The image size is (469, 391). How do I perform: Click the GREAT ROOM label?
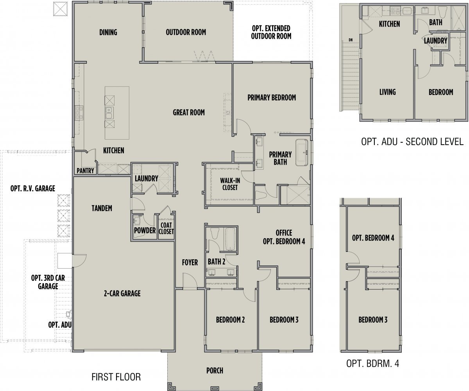click(189, 112)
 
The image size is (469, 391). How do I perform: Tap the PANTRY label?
click(85, 171)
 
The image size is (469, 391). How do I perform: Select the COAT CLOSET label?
click(166, 228)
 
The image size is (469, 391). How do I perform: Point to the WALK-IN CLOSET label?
click(230, 184)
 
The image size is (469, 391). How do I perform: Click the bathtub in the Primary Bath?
click(301, 152)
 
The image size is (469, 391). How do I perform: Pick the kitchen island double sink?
click(109, 113)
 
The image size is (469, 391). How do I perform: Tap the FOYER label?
click(190, 262)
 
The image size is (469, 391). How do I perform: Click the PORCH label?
click(215, 371)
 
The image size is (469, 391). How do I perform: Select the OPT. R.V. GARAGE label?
click(33, 188)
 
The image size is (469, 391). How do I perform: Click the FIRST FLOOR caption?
click(116, 377)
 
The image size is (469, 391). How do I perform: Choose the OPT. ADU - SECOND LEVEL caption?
click(412, 142)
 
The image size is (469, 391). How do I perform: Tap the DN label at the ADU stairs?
click(351, 40)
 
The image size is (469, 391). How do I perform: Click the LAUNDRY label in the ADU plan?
click(435, 41)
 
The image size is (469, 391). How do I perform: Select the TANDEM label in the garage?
click(102, 208)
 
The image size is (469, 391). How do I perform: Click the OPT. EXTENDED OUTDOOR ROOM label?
click(271, 32)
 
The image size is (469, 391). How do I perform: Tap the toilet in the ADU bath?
click(442, 13)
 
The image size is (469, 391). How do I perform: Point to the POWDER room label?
click(145, 230)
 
